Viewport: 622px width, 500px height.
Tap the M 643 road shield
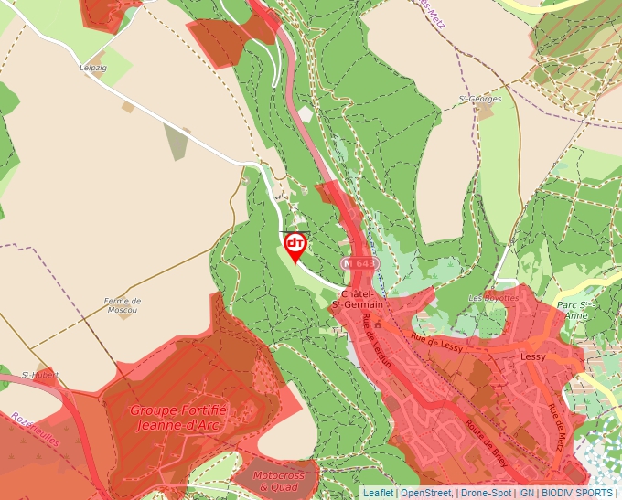359,263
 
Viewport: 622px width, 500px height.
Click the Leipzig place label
93,68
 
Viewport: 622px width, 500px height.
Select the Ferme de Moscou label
122,305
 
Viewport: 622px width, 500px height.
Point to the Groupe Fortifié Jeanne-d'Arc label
177,418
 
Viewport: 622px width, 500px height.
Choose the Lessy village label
532,356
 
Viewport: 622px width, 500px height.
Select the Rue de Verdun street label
377,341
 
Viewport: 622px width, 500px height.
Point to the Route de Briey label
486,443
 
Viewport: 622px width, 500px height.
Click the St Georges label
479,98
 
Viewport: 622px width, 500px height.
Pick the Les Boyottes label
493,298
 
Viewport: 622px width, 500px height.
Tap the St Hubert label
39,375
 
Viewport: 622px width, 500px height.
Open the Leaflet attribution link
378,493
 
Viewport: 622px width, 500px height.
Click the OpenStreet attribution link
425,493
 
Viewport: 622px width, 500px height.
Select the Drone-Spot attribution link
485,493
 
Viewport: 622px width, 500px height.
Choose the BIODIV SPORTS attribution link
577,493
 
